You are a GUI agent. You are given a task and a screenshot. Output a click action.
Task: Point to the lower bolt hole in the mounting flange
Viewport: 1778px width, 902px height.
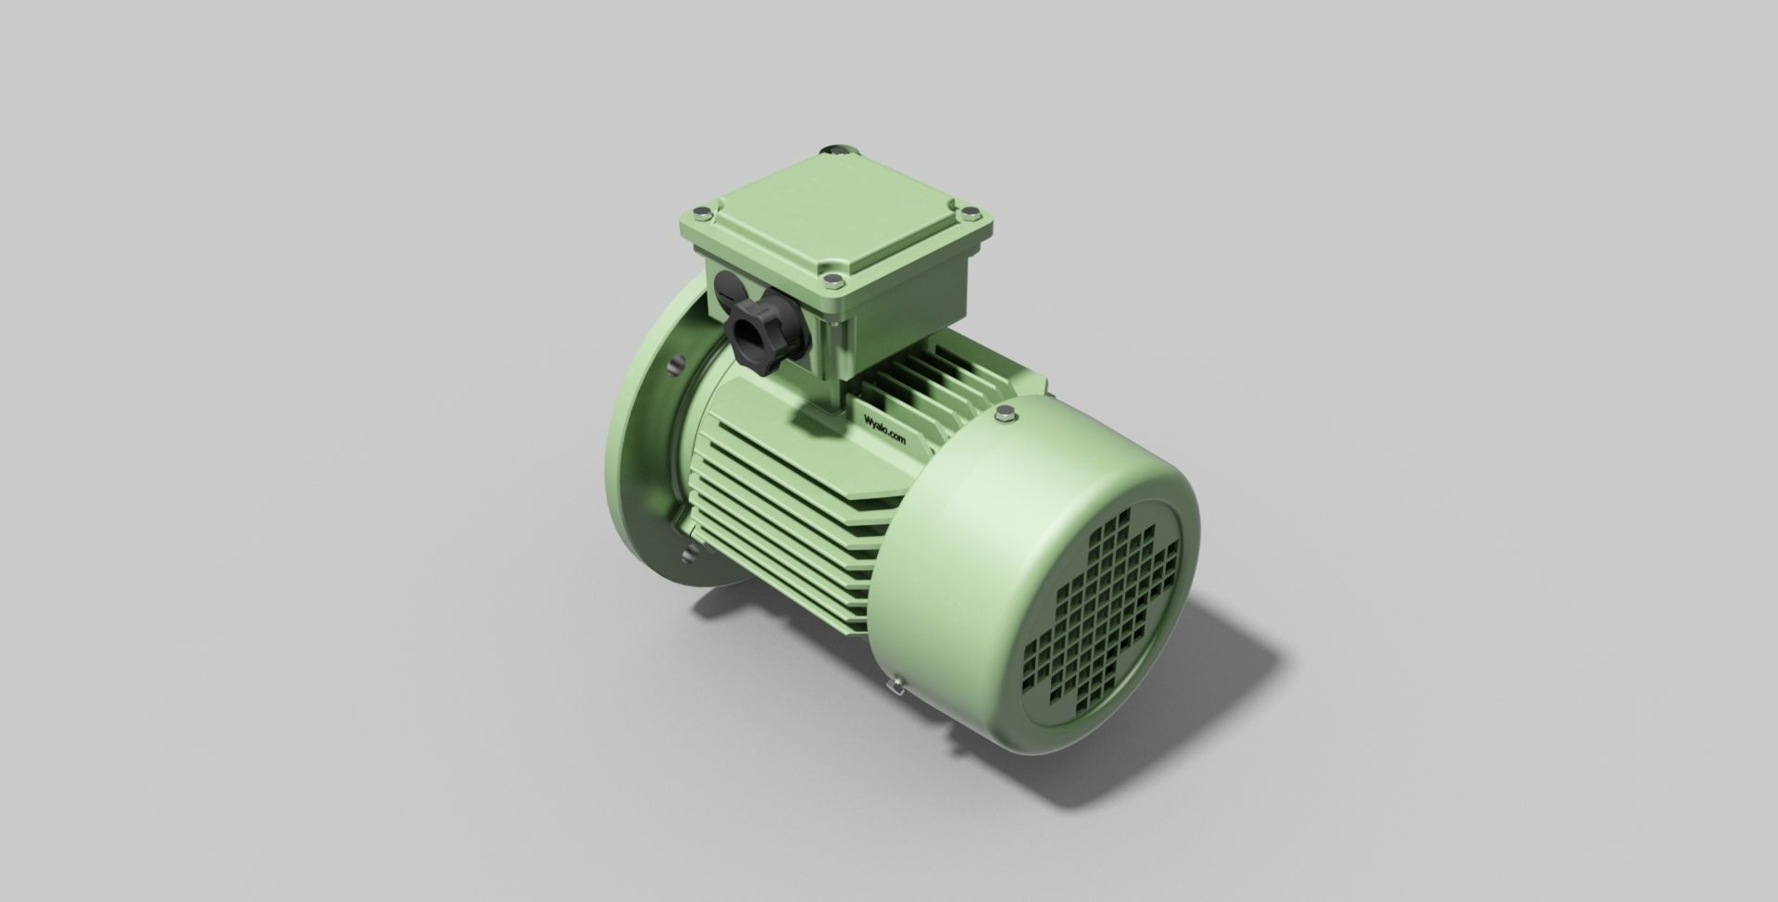(686, 557)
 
